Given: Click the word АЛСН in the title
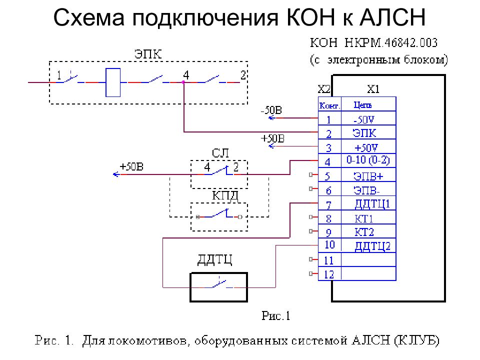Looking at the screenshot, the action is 393,17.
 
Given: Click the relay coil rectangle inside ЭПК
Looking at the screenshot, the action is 113,82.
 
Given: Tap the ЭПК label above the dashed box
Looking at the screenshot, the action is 148,54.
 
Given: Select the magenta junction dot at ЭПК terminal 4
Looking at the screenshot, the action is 183,82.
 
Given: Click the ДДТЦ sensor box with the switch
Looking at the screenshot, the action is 218,287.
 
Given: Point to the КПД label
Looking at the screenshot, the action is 225,196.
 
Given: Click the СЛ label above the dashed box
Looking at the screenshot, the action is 220,153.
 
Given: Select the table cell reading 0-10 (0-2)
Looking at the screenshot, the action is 368,160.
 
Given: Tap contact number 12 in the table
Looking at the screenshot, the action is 329,274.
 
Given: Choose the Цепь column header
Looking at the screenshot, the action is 363,105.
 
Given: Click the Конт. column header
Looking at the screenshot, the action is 329,105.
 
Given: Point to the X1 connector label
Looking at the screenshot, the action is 373,89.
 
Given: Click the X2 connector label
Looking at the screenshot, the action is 324,89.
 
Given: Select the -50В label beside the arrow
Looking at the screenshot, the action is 271,110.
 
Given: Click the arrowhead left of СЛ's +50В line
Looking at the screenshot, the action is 116,174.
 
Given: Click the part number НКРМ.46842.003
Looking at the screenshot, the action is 391,43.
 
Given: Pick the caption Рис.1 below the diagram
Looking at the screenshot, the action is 276,315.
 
